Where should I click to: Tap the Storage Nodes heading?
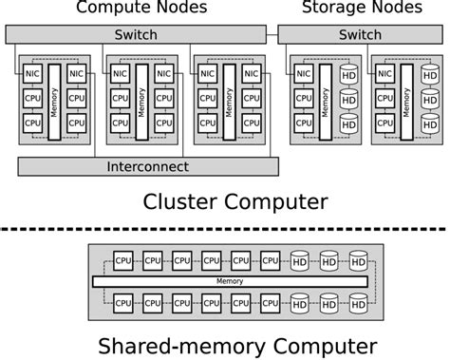coord(361,9)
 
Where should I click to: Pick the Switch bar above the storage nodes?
coord(361,34)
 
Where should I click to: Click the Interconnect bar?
coord(148,166)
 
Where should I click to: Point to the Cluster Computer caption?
coord(234,200)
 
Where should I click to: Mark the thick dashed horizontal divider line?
coord(225,229)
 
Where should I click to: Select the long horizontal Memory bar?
coord(229,281)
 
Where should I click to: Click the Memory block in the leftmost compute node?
coord(53,101)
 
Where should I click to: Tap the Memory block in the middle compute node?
coord(141,101)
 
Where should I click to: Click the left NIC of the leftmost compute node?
coord(32,73)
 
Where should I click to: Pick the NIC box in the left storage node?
coord(303,73)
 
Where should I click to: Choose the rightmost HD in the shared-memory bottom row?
coord(357,303)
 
